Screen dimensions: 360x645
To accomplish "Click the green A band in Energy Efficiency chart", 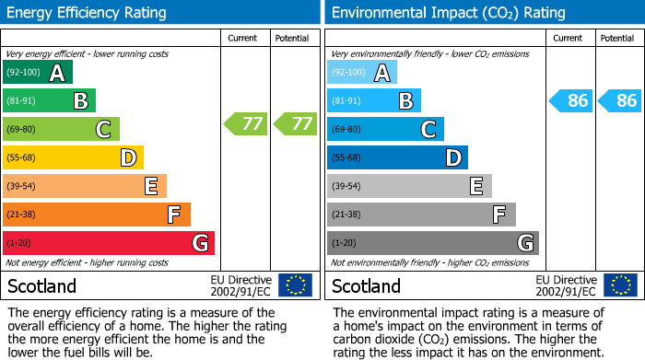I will pyautogui.click(x=38, y=73).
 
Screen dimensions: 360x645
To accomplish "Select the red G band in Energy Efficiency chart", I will pyautogui.click(x=109, y=243).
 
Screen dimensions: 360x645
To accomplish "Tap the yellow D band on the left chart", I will pyautogui.click(x=73, y=157).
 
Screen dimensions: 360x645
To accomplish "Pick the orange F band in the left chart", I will pyautogui.click(x=97, y=215).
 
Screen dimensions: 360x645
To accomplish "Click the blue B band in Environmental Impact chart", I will pyautogui.click(x=373, y=101).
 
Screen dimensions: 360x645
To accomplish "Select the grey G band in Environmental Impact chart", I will pyautogui.click(x=432, y=243).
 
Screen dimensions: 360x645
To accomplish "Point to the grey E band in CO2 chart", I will pyautogui.click(x=409, y=186).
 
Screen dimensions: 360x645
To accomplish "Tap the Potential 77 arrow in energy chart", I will pyautogui.click(x=295, y=123).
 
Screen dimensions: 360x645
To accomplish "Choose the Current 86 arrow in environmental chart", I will pyautogui.click(x=571, y=100).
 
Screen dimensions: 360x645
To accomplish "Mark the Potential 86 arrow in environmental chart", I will pyautogui.click(x=620, y=100).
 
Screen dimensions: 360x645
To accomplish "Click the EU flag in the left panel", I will pyautogui.click(x=296, y=285).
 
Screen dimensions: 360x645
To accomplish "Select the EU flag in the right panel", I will pyautogui.click(x=622, y=285).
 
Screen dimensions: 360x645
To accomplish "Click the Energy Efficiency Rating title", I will pyautogui.click(x=88, y=13).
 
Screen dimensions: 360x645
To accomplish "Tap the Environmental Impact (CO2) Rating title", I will pyautogui.click(x=449, y=13).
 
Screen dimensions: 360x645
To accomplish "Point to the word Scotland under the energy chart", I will pyautogui.click(x=42, y=285).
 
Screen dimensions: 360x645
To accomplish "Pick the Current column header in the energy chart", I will pyautogui.click(x=243, y=38).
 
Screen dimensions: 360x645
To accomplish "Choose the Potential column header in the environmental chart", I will pyautogui.click(x=616, y=38).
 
